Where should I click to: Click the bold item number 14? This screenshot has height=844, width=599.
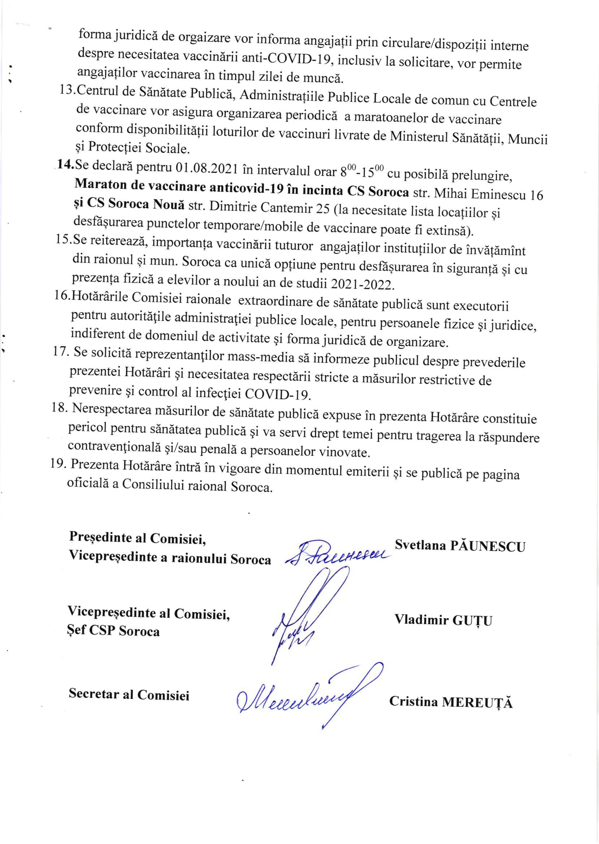(x=65, y=165)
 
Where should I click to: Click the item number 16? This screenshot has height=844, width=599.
(x=62, y=295)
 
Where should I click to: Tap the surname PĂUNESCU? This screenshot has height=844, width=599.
(x=488, y=546)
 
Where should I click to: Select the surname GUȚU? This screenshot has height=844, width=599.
(x=472, y=620)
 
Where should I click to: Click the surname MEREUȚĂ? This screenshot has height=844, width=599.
(x=477, y=702)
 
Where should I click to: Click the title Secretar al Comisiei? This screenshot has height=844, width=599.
(x=129, y=694)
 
